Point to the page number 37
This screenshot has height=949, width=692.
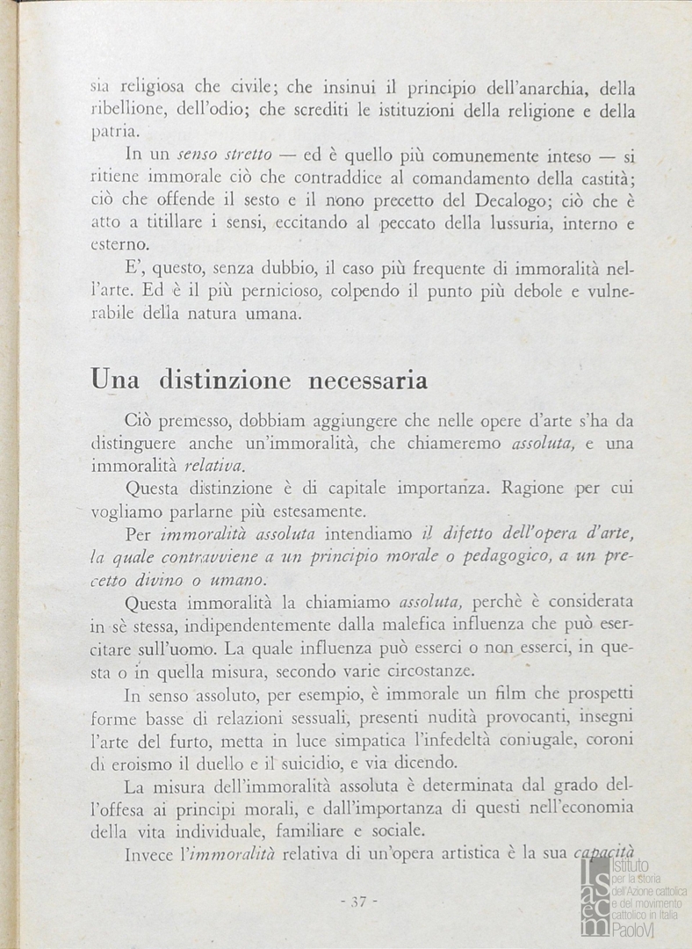(357, 901)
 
